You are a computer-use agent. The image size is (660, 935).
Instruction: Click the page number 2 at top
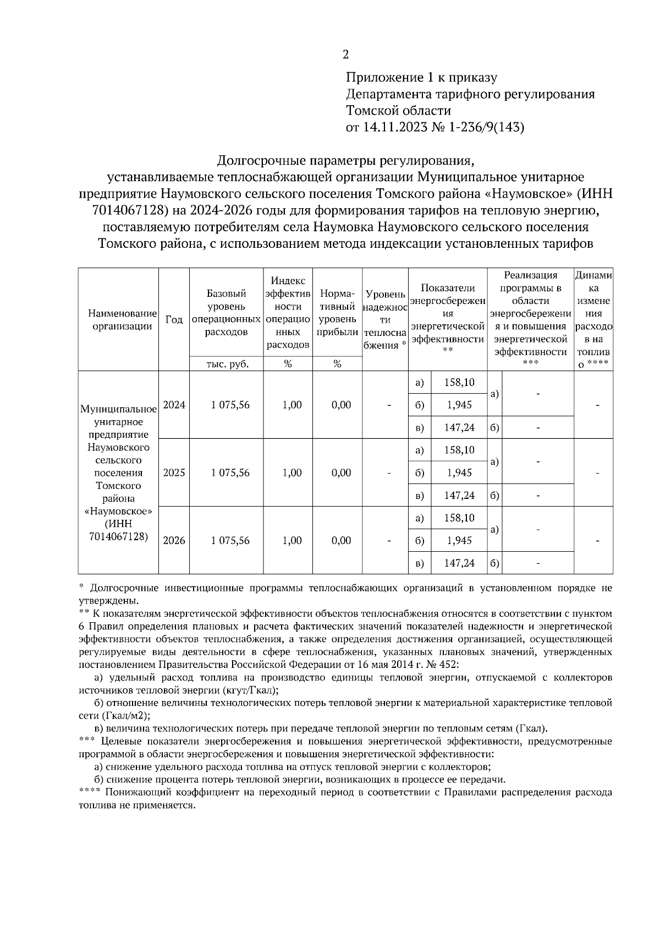pyautogui.click(x=345, y=54)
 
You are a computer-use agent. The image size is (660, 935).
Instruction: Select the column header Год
pyautogui.click(x=174, y=320)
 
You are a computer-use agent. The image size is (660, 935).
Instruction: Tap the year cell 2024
pyautogui.click(x=174, y=405)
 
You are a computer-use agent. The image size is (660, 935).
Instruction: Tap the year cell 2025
pyautogui.click(x=174, y=472)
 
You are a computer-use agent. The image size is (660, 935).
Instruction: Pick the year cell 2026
pyautogui.click(x=174, y=540)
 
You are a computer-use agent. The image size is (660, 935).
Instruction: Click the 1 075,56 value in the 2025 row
pyautogui.click(x=230, y=472)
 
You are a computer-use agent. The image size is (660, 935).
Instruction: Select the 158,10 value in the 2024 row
pyautogui.click(x=459, y=382)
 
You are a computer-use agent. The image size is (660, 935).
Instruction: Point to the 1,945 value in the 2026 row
pyautogui.click(x=459, y=540)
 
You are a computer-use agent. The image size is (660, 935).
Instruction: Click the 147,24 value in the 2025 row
pyautogui.click(x=459, y=495)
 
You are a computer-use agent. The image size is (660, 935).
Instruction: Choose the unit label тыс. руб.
pyautogui.click(x=227, y=364)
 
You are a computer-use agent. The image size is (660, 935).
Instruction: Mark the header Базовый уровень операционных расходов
pyautogui.click(x=227, y=312)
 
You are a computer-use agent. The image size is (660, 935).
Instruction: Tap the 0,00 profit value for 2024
pyautogui.click(x=341, y=405)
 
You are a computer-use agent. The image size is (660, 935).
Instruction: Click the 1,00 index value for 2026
pyautogui.click(x=292, y=540)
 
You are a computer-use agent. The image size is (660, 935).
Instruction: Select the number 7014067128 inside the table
pyautogui.click(x=118, y=536)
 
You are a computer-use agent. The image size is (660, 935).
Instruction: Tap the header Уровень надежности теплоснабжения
pyautogui.click(x=385, y=320)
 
